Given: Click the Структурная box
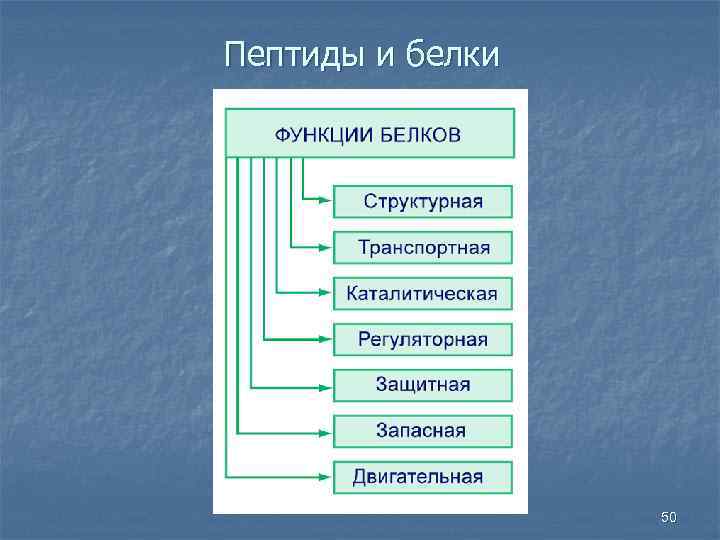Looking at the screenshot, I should click(423, 201).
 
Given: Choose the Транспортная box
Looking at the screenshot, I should click(423, 247).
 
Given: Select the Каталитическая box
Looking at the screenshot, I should click(423, 293).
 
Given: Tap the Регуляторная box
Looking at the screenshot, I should click(423, 339).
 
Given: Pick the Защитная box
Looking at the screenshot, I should click(423, 385).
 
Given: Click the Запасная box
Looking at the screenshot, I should click(423, 431).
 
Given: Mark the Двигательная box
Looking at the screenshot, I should click(423, 477).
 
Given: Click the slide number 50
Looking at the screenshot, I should click(669, 517).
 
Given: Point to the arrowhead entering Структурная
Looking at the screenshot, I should click(324, 201).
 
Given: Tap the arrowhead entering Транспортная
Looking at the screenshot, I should click(324, 247).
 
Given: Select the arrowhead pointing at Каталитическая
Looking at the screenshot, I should click(324, 293).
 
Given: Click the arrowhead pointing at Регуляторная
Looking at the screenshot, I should click(324, 339).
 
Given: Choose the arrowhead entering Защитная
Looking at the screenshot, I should click(324, 385).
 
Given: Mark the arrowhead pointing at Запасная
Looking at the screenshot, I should click(324, 431).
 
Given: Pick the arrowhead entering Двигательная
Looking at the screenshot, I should click(324, 477).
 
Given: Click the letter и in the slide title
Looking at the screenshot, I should click(387, 56).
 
